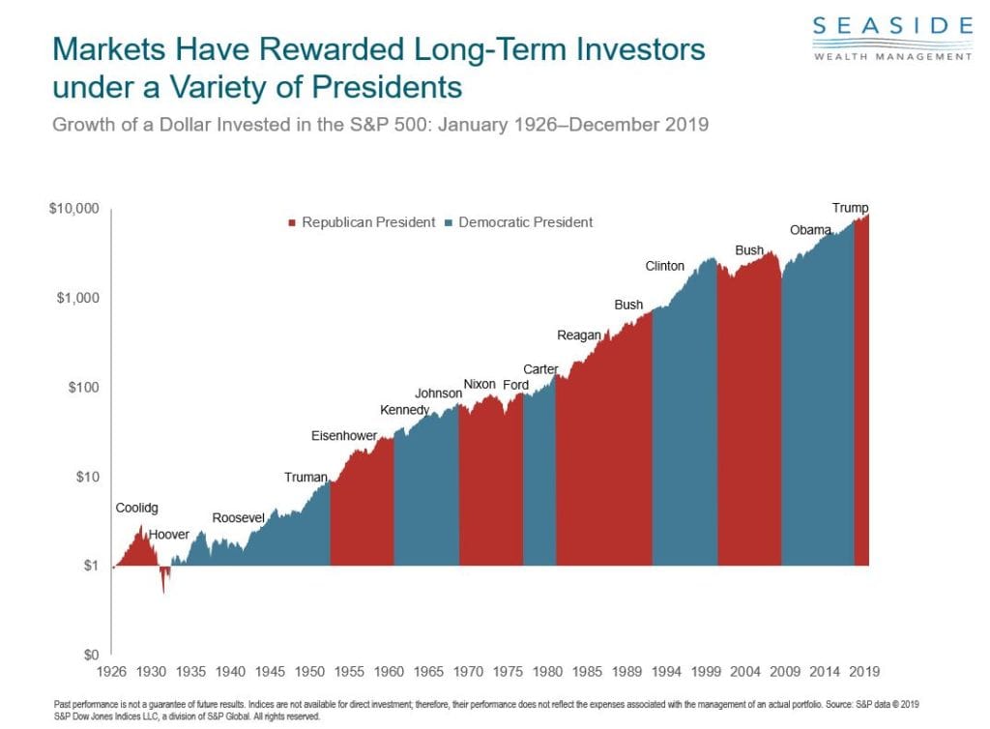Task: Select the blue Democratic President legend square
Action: point(448,222)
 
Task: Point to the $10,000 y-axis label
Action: point(74,209)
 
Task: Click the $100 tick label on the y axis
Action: point(85,388)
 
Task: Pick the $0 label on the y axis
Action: point(92,656)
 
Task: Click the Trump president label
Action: point(851,208)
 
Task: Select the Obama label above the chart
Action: point(810,230)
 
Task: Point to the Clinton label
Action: point(665,266)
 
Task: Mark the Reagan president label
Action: point(578,335)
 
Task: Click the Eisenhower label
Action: point(343,436)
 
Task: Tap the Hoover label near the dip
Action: point(169,535)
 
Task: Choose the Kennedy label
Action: point(404,410)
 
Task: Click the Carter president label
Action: point(539,369)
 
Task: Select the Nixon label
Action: point(480,384)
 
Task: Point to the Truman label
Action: point(306,477)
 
